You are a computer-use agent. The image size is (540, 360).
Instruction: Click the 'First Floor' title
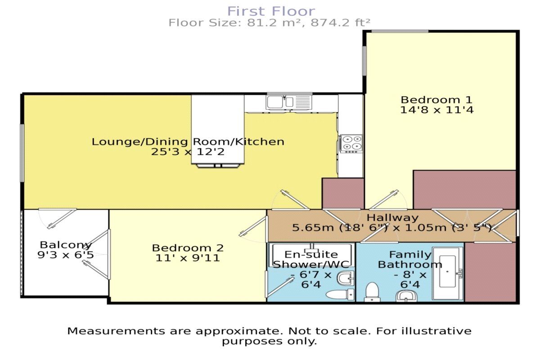[270, 11]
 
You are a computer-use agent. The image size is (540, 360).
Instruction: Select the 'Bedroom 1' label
[436, 99]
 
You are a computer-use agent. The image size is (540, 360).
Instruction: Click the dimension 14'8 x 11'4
[436, 109]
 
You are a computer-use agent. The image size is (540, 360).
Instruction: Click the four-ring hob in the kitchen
[351, 143]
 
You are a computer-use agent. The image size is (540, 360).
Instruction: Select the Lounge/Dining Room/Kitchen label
[188, 142]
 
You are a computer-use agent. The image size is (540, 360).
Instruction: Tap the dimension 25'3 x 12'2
[188, 152]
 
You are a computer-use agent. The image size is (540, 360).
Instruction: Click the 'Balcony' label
[66, 245]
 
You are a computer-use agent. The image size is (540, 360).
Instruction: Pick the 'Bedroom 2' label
[188, 248]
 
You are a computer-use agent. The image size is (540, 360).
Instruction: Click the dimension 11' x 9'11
[188, 258]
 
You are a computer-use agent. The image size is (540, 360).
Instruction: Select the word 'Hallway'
[386, 218]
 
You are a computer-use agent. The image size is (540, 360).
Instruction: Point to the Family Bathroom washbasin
[407, 296]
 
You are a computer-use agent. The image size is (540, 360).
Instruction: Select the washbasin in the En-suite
[346, 278]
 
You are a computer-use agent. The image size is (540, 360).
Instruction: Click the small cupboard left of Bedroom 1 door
[343, 193]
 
